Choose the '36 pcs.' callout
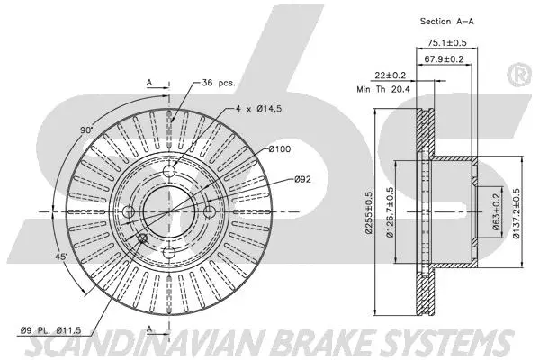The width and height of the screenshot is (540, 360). click(219, 82)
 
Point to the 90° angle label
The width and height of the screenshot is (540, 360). click(87, 130)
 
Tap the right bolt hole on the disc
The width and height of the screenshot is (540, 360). click(210, 211)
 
